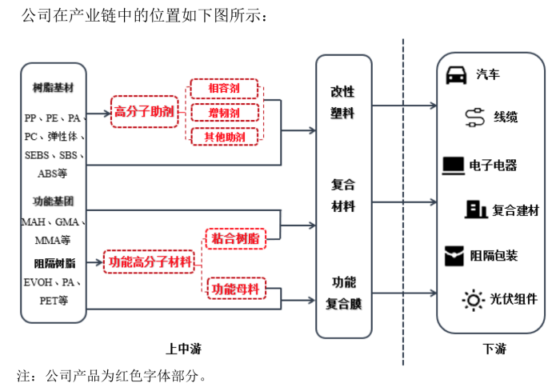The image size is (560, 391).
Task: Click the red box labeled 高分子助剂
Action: click(x=144, y=111)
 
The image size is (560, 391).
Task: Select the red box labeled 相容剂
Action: click(x=225, y=89)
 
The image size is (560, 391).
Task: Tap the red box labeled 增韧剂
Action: click(x=225, y=113)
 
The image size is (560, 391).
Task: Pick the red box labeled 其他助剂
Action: click(x=225, y=137)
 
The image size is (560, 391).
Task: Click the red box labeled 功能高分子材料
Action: click(x=150, y=261)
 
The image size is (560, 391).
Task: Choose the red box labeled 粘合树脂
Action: click(x=234, y=237)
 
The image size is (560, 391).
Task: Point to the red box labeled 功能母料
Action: click(x=234, y=286)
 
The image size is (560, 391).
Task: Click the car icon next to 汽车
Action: click(x=456, y=74)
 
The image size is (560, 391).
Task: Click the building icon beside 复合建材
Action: click(x=477, y=209)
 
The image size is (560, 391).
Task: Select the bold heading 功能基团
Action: click(x=54, y=200)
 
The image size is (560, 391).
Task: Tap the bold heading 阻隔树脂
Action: click(x=54, y=262)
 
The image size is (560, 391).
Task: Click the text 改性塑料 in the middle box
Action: click(x=343, y=103)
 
